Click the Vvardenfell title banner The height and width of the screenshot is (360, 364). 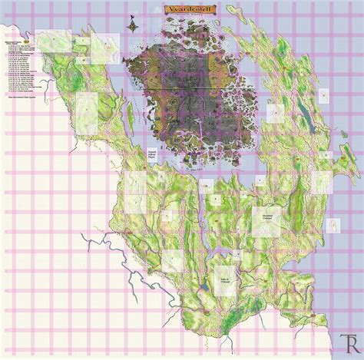click(188, 12)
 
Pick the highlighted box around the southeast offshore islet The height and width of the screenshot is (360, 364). click(334, 224)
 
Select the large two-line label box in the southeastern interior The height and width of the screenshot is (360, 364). click(265, 218)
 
